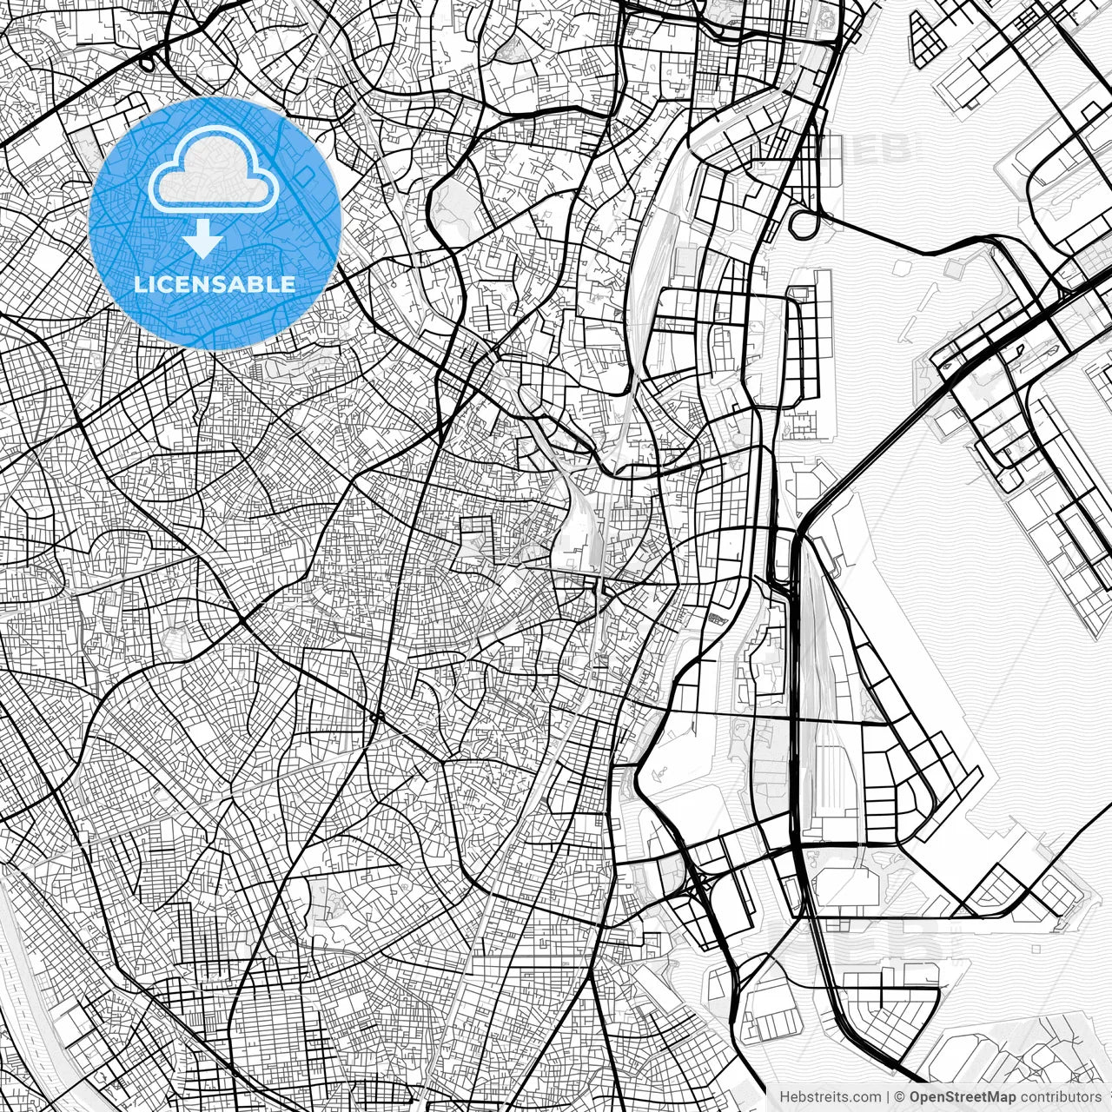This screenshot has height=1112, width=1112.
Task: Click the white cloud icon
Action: (214, 171)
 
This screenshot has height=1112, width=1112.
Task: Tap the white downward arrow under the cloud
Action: (203, 240)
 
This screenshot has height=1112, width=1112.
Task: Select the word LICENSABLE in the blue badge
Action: (215, 284)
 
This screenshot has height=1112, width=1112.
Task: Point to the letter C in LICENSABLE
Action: (168, 284)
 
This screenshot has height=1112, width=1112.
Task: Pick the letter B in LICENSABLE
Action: (258, 284)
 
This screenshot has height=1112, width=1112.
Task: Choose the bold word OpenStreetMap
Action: (963, 1097)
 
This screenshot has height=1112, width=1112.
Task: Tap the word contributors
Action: (1061, 1097)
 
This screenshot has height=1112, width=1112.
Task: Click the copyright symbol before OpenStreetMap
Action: (900, 1097)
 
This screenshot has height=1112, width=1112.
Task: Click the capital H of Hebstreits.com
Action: (784, 1097)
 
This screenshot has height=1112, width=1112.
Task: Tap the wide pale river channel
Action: (26, 973)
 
